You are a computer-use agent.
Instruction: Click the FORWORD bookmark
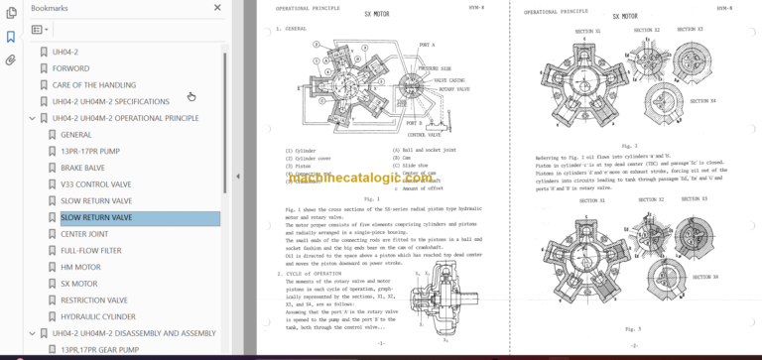pyautogui.click(x=70, y=68)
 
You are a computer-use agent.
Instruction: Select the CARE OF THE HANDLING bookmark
pyautogui.click(x=94, y=85)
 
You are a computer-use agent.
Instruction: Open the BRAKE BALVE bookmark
pyautogui.click(x=82, y=168)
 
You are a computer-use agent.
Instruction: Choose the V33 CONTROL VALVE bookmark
pyautogui.click(x=95, y=184)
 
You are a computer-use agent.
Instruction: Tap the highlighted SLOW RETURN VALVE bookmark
pyautogui.click(x=96, y=217)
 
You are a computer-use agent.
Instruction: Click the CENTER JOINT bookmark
pyautogui.click(x=84, y=234)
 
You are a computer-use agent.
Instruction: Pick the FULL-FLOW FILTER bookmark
pyautogui.click(x=91, y=251)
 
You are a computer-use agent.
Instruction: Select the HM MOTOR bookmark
pyautogui.click(x=80, y=267)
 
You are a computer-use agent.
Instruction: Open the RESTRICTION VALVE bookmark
pyautogui.click(x=93, y=300)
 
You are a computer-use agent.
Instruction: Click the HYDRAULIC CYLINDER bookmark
pyautogui.click(x=97, y=316)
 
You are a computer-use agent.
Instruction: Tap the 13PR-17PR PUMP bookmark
pyautogui.click(x=89, y=151)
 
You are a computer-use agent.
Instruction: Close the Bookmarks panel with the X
pyautogui.click(x=218, y=7)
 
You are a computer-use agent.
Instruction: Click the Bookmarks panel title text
pyautogui.click(x=49, y=7)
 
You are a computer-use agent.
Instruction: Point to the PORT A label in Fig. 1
pyautogui.click(x=428, y=45)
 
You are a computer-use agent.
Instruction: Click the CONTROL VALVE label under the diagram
pyautogui.click(x=424, y=134)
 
